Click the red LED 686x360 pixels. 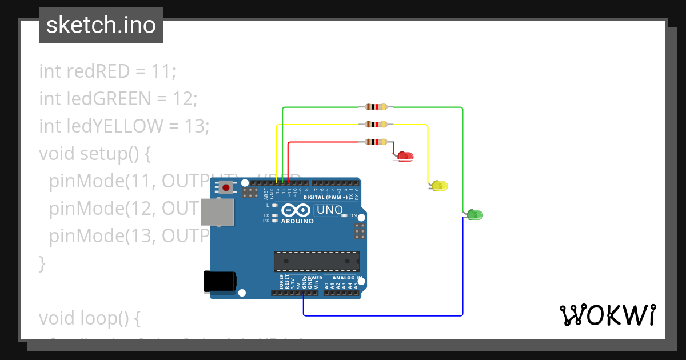405,156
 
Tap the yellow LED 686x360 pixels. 440,186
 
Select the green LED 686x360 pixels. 475,215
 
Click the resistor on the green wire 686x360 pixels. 375,107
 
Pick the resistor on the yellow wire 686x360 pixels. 375,125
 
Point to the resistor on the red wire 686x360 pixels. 375,142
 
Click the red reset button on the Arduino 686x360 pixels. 227,187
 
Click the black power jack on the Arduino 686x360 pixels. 220,282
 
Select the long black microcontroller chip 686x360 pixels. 316,261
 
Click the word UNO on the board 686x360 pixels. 329,210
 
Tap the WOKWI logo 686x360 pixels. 607,315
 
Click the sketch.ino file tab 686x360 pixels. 101,25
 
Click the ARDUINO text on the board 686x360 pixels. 297,221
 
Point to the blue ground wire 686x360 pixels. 383,315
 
